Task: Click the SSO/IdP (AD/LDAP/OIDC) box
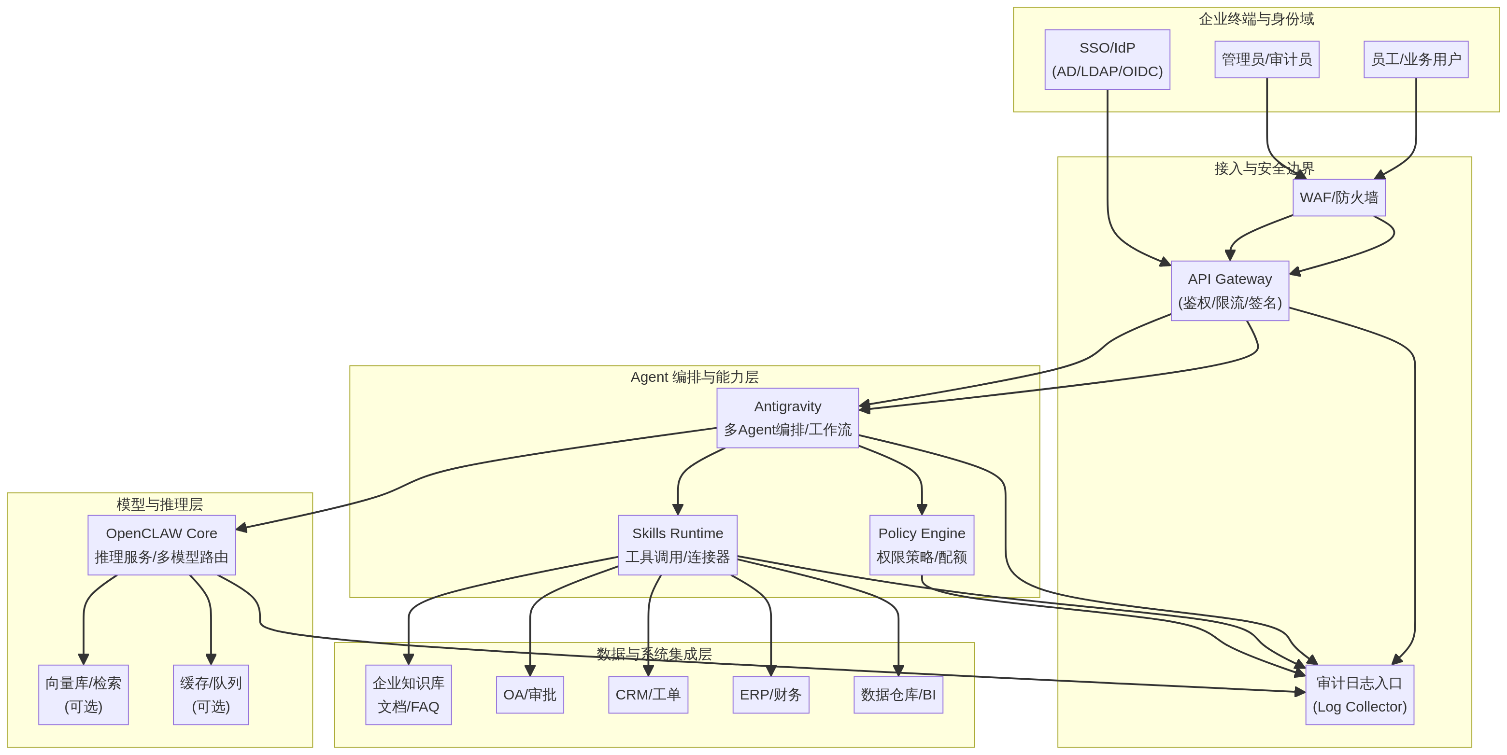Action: coord(1107,60)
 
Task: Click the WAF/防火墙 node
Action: coord(1338,197)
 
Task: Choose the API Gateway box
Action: coord(1230,291)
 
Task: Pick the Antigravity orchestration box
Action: coord(787,418)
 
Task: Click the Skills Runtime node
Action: coord(678,545)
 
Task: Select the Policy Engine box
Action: coord(922,545)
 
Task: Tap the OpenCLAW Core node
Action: coord(161,545)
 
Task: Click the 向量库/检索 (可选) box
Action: coord(84,695)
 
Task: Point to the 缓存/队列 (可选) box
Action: coord(211,695)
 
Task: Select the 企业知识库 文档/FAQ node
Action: coord(408,695)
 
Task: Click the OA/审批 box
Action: coord(529,695)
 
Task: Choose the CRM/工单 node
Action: coord(648,695)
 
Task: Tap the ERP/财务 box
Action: coord(770,695)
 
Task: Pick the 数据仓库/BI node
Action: coord(898,695)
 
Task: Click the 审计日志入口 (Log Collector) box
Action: coord(1360,695)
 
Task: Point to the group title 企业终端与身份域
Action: coord(1256,19)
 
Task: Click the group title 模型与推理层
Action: coord(160,504)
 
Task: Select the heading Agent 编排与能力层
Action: coord(695,377)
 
